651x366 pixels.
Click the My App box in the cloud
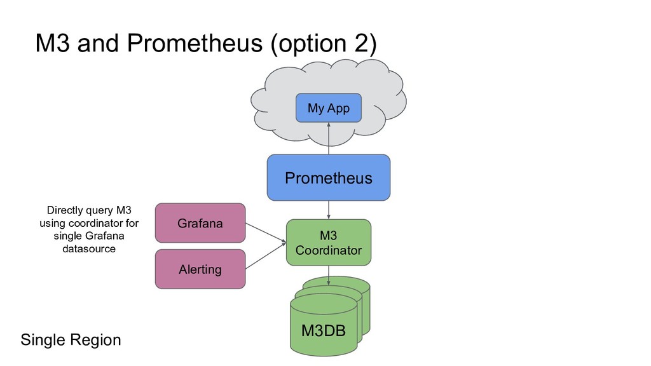tap(329, 108)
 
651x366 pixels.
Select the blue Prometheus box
tap(328, 177)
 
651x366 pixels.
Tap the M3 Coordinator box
tap(328, 243)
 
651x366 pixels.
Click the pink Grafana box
tap(200, 223)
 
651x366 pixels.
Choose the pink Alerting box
tap(200, 269)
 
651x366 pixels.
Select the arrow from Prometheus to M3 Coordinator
tap(329, 210)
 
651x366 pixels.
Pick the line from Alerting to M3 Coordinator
tap(266, 255)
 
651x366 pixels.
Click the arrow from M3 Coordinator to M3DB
tap(329, 274)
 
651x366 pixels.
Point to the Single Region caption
tap(71, 340)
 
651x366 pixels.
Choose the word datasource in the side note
tap(89, 248)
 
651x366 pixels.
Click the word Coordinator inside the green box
tap(328, 250)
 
